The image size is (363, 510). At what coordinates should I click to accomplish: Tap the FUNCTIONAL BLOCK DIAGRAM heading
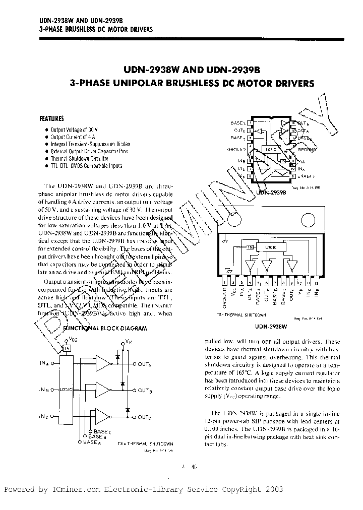coord(104,328)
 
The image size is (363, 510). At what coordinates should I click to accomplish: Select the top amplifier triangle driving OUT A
coord(103,363)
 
